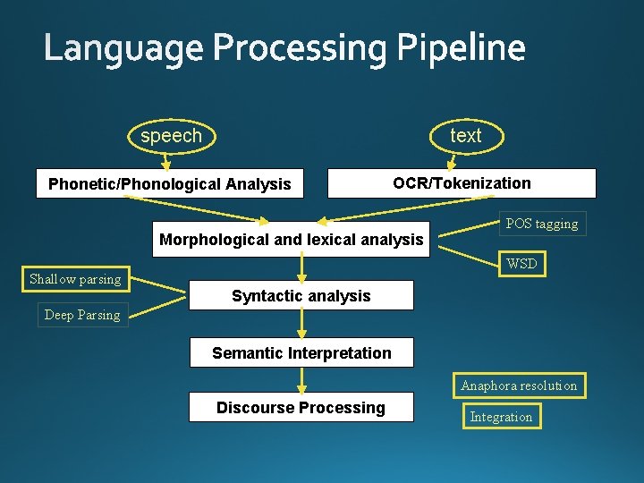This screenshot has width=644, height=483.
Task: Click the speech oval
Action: (171, 136)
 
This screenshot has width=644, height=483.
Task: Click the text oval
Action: (465, 136)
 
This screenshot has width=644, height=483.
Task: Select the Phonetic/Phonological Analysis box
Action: (170, 184)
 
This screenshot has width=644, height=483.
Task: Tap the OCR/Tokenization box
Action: (462, 183)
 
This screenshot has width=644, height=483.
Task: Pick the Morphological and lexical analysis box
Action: (291, 239)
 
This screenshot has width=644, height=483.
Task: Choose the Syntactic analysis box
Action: (301, 296)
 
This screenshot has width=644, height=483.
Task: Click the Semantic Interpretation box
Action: (301, 352)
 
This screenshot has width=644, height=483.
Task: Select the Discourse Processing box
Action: (301, 408)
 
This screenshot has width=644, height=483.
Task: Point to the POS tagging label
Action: (542, 224)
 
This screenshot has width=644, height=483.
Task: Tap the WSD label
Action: (521, 264)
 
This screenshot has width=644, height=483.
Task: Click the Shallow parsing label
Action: (75, 279)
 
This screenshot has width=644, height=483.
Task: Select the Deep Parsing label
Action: (82, 315)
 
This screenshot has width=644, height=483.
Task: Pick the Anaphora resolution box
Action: (519, 386)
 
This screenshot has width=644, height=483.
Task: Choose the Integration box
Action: (501, 417)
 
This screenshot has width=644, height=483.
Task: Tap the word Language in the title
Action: (123, 48)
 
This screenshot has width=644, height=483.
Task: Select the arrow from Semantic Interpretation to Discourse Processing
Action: (301, 379)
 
